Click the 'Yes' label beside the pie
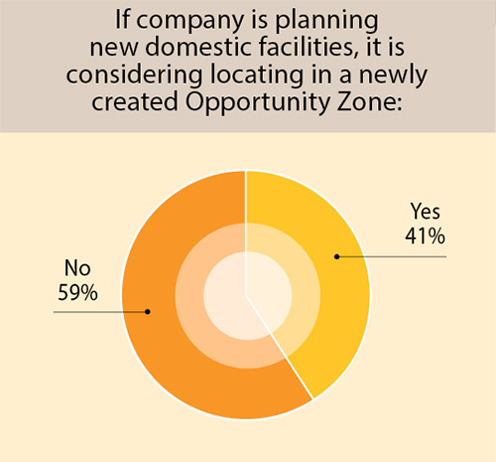tap(425, 213)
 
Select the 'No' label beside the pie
tap(77, 268)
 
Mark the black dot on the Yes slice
tap(336, 256)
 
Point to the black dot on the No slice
tap(148, 312)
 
